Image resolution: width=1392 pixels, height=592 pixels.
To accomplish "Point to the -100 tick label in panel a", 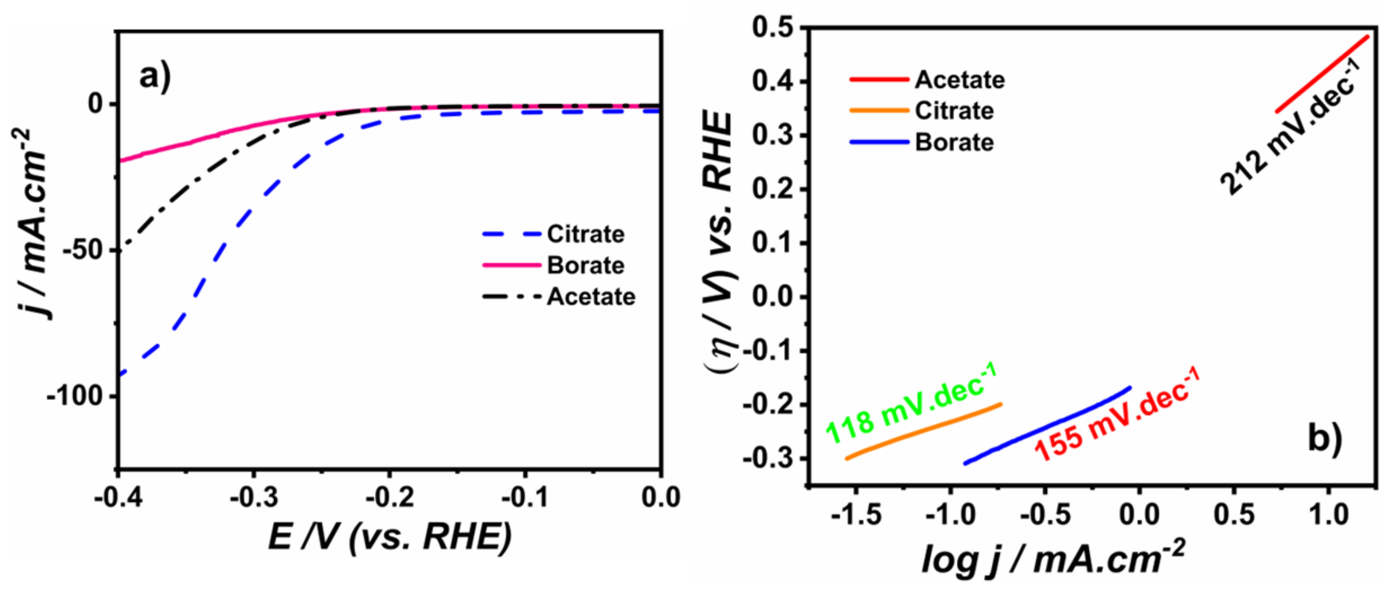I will pos(81,396).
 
